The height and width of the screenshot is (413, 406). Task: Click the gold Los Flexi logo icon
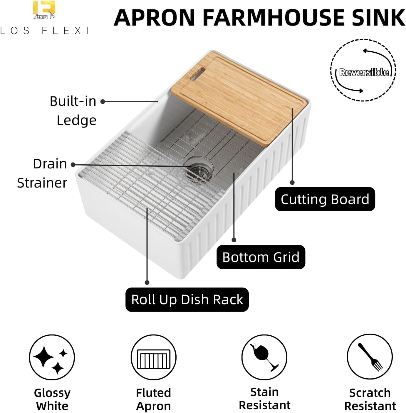pyautogui.click(x=44, y=10)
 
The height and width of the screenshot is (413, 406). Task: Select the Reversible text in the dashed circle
pyautogui.click(x=364, y=72)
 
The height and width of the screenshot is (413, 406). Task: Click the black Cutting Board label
pyautogui.click(x=325, y=199)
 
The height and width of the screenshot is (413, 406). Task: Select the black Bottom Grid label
pyautogui.click(x=261, y=257)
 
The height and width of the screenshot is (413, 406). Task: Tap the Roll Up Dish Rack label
pyautogui.click(x=187, y=300)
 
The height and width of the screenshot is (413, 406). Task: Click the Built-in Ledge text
pyautogui.click(x=73, y=111)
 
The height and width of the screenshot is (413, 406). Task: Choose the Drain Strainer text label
pyautogui.click(x=42, y=173)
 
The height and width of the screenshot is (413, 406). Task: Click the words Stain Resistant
pyautogui.click(x=265, y=399)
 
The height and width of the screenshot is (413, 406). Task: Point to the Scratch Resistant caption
pyautogui.click(x=370, y=399)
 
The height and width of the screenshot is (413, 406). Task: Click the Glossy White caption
pyautogui.click(x=52, y=399)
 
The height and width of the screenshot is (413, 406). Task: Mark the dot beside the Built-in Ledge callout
pyautogui.click(x=103, y=102)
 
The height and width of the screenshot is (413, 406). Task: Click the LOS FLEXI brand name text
pyautogui.click(x=44, y=31)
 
